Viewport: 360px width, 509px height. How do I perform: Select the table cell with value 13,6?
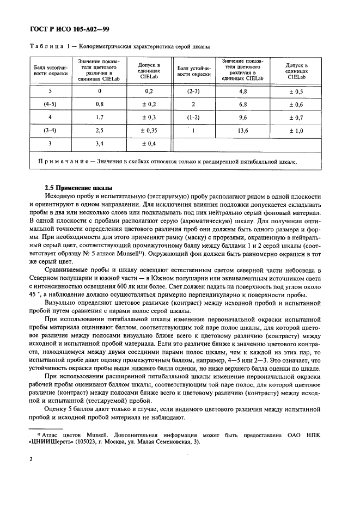pos(243,131)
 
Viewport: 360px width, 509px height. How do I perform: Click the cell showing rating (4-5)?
pos(50,104)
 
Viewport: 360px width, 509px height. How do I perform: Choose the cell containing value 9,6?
pos(243,118)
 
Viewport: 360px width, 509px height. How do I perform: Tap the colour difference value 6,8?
pos(243,104)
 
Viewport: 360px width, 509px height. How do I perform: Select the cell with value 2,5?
pos(100,131)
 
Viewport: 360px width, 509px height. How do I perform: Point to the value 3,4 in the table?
pos(100,144)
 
